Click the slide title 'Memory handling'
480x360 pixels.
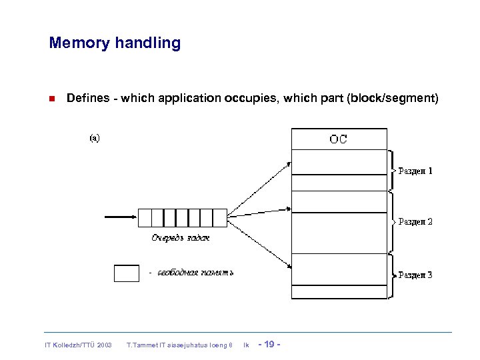tap(115, 43)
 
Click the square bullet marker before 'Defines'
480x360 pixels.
tap(51, 99)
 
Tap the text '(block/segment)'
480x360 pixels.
tap(393, 99)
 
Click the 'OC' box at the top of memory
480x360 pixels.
tap(339, 139)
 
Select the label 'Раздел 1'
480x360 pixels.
tap(415, 171)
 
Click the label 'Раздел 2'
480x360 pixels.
tap(415, 222)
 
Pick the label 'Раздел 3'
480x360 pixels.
tap(415, 275)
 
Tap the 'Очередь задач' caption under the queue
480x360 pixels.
tap(180, 237)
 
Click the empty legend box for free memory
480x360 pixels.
tap(127, 273)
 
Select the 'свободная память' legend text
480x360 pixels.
tap(195, 273)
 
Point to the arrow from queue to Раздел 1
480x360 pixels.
tap(260, 187)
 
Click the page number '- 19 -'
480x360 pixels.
tap(269, 344)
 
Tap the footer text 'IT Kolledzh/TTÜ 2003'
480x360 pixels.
tap(78, 345)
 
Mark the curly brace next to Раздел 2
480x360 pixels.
tap(392, 222)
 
